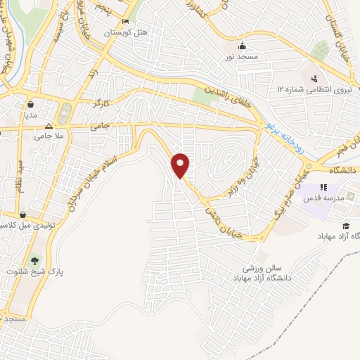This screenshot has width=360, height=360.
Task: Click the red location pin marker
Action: [x=182, y=165]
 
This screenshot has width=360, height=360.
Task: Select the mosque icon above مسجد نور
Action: [x=242, y=44]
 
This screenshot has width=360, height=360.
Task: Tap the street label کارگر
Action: [x=103, y=103]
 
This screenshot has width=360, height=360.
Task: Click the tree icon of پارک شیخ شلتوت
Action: [x=34, y=260]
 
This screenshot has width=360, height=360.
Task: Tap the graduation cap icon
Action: [x=345, y=226]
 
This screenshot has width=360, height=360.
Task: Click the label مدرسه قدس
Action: [x=323, y=199]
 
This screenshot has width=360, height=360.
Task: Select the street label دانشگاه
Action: [x=342, y=170]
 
